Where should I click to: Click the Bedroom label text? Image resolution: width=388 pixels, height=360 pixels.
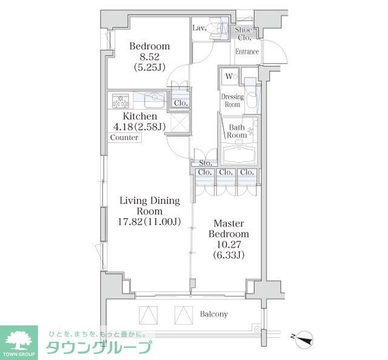pos(149,47)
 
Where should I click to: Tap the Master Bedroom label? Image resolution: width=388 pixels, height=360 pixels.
pos(229,228)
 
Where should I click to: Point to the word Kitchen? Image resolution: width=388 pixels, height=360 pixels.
pos(140,116)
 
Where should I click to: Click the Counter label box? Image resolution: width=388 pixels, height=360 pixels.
pos(124,138)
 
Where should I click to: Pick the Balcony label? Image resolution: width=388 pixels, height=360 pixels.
pos(213,314)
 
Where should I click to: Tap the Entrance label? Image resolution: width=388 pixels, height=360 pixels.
pos(247,52)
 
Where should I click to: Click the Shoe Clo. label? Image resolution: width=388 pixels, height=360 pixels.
pos(245,33)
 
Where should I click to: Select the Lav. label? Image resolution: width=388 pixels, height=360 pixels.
pos(199,28)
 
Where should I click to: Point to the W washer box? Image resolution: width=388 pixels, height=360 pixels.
pos(229,76)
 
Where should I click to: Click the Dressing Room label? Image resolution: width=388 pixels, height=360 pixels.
pos(232,101)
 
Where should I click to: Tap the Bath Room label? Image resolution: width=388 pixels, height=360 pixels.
pos(236,131)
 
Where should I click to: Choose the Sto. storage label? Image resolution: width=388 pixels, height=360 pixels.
pos(206,163)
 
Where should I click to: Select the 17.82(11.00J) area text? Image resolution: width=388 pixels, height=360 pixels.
pos(149,222)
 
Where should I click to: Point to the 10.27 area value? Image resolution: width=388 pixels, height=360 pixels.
pos(229,245)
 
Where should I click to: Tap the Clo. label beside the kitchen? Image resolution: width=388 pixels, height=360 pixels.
pos(180,103)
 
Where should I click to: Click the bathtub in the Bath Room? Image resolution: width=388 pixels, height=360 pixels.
pos(239,155)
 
